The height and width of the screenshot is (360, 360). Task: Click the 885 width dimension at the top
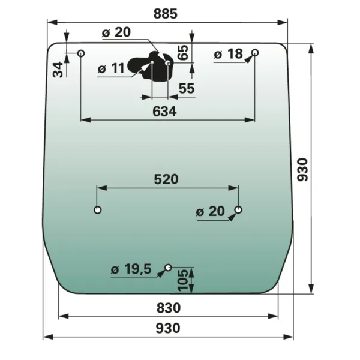166,14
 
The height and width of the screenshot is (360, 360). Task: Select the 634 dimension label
164,112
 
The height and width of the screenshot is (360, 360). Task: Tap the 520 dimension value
166,179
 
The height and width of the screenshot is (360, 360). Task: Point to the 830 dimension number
169,308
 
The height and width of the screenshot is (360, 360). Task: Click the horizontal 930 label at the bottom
168,328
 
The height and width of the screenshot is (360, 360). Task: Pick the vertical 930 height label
302,170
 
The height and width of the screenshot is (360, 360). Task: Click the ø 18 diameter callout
228,54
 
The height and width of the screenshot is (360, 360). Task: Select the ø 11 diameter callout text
111,68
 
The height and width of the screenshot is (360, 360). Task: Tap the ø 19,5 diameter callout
131,269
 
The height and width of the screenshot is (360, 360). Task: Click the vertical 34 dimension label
58,70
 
